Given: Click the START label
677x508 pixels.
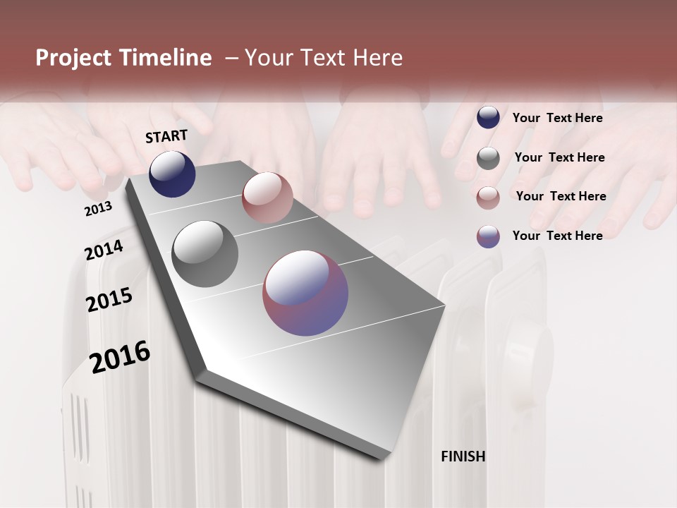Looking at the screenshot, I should click(166, 136).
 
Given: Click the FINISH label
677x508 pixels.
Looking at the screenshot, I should click(463, 456).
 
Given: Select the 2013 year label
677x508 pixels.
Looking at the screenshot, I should click(98, 209).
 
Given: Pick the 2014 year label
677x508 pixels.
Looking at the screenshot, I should click(104, 250).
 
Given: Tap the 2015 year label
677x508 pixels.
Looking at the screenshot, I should click(109, 301).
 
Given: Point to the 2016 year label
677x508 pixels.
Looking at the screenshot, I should click(120, 357).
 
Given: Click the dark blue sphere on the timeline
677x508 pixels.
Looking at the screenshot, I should click(172, 174).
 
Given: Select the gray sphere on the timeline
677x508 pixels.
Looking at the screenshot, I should click(205, 254).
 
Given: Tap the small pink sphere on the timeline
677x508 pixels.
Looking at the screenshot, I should click(267, 198).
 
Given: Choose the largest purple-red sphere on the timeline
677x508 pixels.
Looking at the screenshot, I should click(305, 293).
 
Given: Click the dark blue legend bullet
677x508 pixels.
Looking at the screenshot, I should click(488, 117).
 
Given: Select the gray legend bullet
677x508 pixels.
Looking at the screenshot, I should click(488, 158).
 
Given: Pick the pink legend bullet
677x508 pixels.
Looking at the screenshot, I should click(488, 198).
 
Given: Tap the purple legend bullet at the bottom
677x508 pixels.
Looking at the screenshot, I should click(488, 236).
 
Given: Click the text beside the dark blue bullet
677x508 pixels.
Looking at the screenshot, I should click(557, 119).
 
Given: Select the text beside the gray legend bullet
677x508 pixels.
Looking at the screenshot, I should click(559, 157).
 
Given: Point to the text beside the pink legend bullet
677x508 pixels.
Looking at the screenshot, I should click(561, 196).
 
